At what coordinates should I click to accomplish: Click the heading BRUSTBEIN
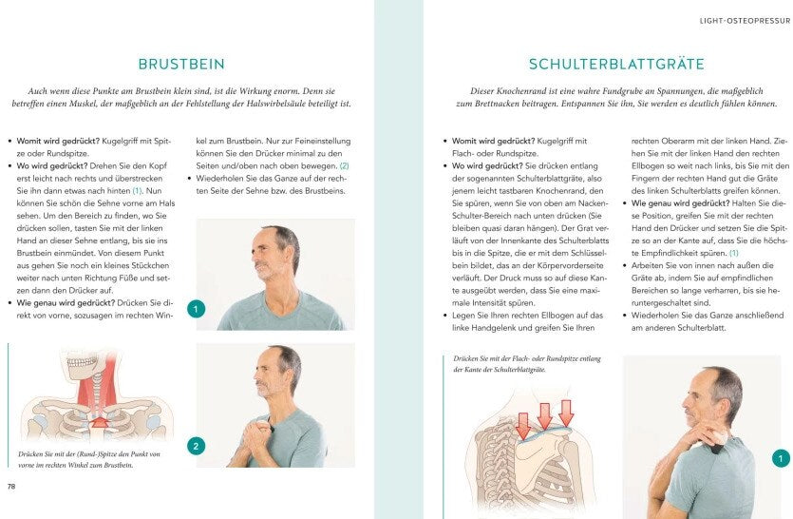click(181, 65)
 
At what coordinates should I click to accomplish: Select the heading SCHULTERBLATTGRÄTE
click(615, 65)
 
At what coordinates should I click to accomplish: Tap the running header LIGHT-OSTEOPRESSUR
click(737, 19)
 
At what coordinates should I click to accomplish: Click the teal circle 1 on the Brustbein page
click(196, 309)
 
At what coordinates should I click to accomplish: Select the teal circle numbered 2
click(196, 446)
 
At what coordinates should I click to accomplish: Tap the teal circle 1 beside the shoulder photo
click(781, 459)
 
